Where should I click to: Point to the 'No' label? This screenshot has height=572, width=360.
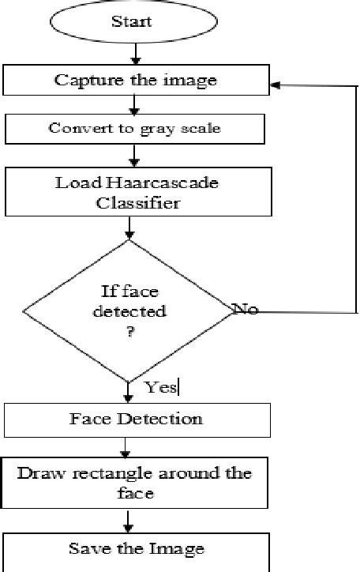[x=246, y=309]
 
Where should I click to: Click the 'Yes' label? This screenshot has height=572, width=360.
[x=162, y=386]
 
